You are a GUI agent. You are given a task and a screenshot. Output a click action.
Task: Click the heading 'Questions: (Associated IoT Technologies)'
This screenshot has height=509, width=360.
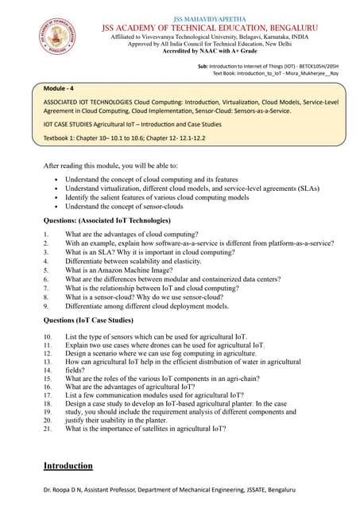tap(117, 220)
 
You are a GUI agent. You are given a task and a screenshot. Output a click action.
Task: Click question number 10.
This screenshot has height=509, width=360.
tap(48, 336)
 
